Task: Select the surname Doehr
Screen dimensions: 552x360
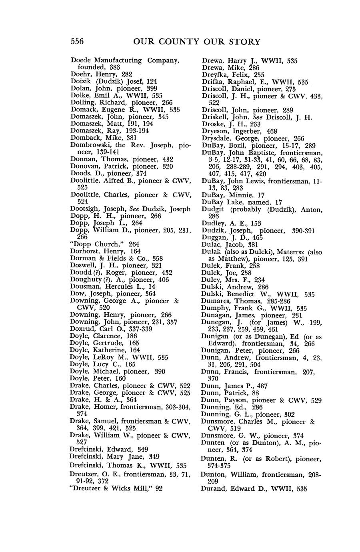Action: (x=80, y=74)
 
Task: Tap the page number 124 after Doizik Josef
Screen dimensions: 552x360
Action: (x=151, y=81)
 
